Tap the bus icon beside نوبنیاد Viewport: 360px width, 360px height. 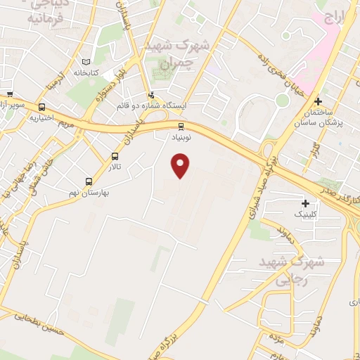pyautogui.click(x=181, y=127)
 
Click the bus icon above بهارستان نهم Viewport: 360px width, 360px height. pyautogui.click(x=89, y=181)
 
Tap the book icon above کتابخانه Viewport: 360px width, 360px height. pyautogui.click(x=86, y=62)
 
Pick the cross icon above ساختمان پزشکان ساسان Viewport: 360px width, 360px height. pyautogui.click(x=318, y=101)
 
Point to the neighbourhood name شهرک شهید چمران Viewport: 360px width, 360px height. pyautogui.click(x=176, y=53)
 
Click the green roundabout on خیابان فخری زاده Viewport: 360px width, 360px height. pyautogui.click(x=282, y=100)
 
